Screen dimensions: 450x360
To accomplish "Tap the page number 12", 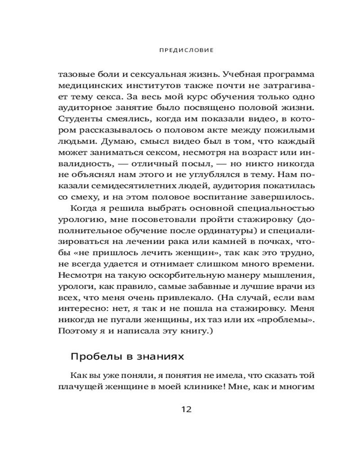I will coord(186,409).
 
